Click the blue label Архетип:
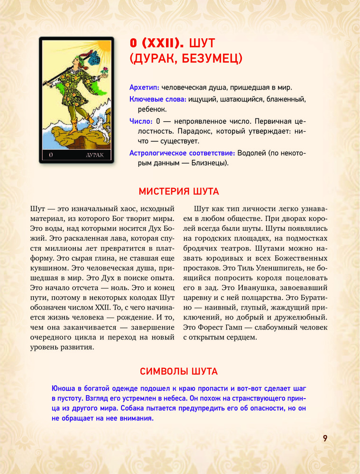[x=144, y=88]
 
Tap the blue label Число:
[x=141, y=121]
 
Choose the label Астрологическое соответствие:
[x=182, y=153]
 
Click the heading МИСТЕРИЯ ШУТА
[x=179, y=192]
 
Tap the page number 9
[x=325, y=438]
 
